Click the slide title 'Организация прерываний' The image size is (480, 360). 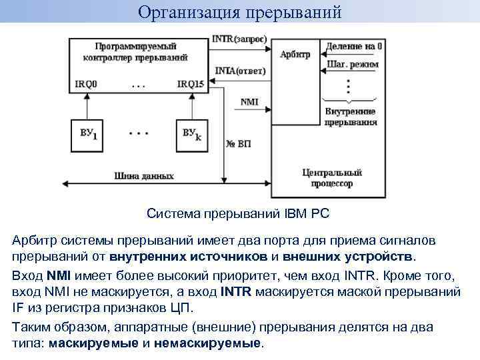240,12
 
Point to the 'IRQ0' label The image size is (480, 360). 87,85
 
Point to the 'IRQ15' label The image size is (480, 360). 191,85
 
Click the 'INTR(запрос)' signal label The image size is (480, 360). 239,39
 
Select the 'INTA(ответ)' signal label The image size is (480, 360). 241,71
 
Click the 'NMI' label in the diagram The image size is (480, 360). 249,101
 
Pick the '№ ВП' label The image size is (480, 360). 239,144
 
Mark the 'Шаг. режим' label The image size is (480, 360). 353,64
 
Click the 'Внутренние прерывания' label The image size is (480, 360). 351,117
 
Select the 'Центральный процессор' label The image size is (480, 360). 327,177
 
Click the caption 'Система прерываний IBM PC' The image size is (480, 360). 238,214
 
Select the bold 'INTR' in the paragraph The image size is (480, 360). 235,291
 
